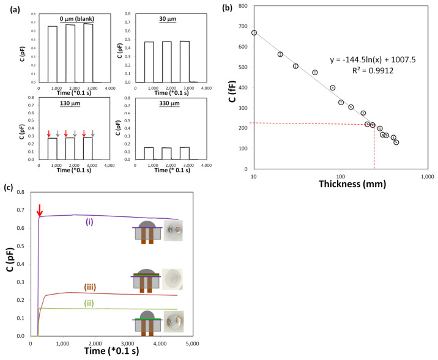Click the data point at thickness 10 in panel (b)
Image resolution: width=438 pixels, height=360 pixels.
[254, 33]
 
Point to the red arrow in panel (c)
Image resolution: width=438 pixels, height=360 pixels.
[40, 210]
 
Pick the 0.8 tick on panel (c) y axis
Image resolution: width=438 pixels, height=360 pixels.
[21, 192]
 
